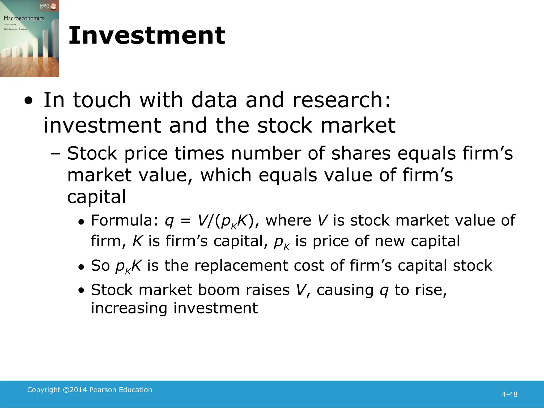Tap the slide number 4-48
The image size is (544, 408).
coord(509,394)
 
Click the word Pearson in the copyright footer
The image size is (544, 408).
coord(103,390)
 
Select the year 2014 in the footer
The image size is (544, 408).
coord(78,390)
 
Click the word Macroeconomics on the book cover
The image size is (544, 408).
coord(24,18)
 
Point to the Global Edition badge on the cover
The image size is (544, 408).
coord(48,6)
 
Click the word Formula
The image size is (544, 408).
coord(124,220)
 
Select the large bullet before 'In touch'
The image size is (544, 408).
coord(28,101)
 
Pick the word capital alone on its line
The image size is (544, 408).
coord(96,197)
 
